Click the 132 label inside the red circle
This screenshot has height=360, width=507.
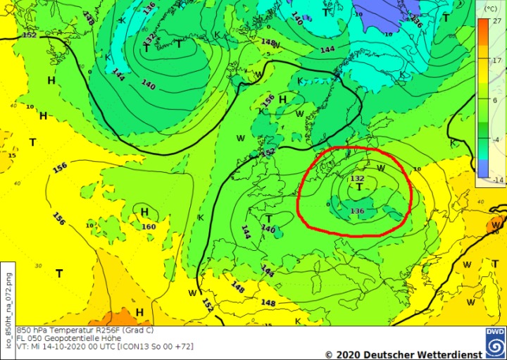[x=357, y=179]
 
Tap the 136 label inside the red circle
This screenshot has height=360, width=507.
[x=357, y=211]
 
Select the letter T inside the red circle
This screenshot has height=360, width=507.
[x=359, y=188]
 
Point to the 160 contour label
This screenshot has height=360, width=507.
[x=148, y=226]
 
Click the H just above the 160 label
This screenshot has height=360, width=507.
[x=145, y=212]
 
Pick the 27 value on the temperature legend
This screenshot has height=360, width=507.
[x=496, y=22]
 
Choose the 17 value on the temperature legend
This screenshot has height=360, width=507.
[x=496, y=61]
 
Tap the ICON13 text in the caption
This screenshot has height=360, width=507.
[x=120, y=347]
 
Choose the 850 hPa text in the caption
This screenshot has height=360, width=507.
[x=31, y=330]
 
